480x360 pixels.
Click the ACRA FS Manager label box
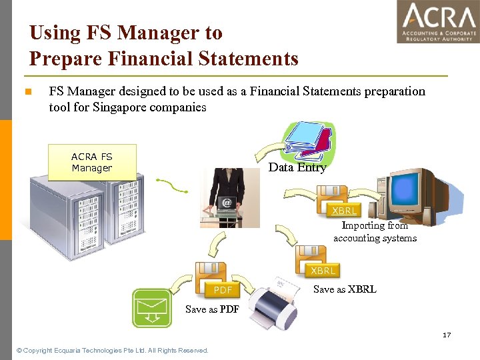pos(92,163)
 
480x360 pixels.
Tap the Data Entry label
pos(297,168)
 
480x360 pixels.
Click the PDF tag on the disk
pos(223,290)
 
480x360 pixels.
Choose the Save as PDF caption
pos(212,309)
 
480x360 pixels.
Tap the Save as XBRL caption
pos(345,289)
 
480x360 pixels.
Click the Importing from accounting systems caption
pos(375,232)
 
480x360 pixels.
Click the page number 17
pos(447,335)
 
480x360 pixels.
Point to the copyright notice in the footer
pos(112,350)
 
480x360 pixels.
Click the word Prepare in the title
pos(70,59)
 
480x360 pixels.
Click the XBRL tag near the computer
pos(345,211)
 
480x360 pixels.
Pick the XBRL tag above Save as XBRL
pos(323,271)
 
